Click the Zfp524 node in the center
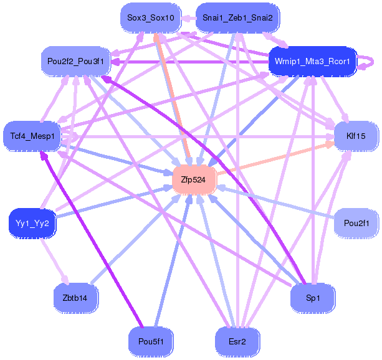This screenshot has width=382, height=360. (x=194, y=179)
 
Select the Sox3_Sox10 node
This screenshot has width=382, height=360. (x=150, y=18)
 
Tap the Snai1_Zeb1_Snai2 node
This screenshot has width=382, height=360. (x=237, y=18)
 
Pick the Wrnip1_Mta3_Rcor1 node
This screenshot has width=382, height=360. (x=312, y=61)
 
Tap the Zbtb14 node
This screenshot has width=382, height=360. (x=75, y=298)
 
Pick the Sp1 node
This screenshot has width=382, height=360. (x=312, y=298)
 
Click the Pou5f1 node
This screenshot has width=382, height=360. (x=150, y=341)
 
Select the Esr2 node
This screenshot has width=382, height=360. (x=237, y=341)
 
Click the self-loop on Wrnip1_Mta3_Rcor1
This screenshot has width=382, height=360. (x=372, y=61)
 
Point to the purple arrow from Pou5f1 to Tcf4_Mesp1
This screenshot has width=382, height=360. (x=93, y=243)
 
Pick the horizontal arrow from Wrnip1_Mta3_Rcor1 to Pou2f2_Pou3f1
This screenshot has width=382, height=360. (x=187, y=62)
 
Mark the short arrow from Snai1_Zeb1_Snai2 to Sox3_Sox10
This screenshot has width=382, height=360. (x=188, y=19)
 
